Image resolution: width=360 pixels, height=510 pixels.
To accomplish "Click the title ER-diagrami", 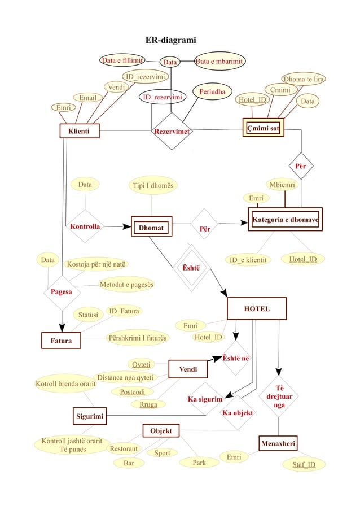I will pyautogui.click(x=170, y=40).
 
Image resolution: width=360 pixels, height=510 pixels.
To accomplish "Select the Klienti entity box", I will pyautogui.click(x=80, y=131).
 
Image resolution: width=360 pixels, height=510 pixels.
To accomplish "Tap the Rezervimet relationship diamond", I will pyautogui.click(x=172, y=132).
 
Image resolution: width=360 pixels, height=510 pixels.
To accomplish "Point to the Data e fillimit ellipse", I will pyautogui.click(x=122, y=60).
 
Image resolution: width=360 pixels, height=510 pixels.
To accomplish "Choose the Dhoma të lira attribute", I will pyautogui.click(x=304, y=79).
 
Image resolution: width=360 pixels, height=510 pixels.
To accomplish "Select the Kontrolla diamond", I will pyautogui.click(x=85, y=226).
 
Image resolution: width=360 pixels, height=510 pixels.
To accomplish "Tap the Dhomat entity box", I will pyautogui.click(x=151, y=228).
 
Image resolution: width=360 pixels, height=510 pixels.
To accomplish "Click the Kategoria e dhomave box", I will pyautogui.click(x=285, y=219).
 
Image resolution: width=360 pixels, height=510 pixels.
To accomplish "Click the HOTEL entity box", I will pyautogui.click(x=256, y=309).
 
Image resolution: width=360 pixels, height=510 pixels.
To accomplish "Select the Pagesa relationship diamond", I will pyautogui.click(x=61, y=292).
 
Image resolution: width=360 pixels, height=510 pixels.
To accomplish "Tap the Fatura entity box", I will pyautogui.click(x=61, y=341).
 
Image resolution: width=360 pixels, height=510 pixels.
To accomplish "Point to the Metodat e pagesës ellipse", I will pyautogui.click(x=126, y=285).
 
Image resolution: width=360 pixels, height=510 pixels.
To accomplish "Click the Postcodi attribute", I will pyautogui.click(x=132, y=391).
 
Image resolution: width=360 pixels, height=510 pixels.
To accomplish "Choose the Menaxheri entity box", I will pyautogui.click(x=278, y=443).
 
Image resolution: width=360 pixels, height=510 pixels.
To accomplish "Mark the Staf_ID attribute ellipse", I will pyautogui.click(x=304, y=465).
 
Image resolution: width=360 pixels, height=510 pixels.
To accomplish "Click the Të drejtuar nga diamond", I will pyautogui.click(x=279, y=396).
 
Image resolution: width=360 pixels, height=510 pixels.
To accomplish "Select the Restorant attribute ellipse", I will pyautogui.click(x=124, y=448).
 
